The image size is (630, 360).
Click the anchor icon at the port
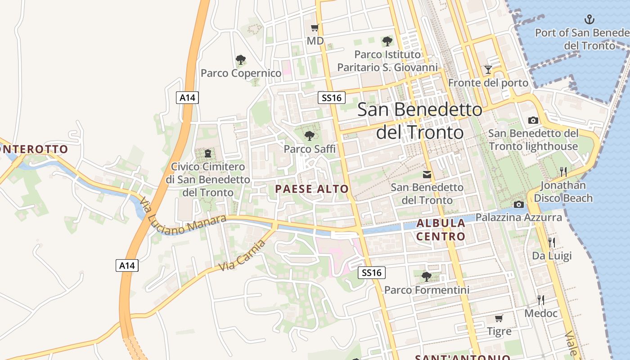click(589, 19)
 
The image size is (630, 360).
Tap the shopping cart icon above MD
click(315, 28)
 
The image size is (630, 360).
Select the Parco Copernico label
click(241, 73)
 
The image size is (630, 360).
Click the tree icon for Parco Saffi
click(309, 135)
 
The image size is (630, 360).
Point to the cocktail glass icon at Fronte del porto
click(488, 70)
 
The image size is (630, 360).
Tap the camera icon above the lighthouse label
click(533, 120)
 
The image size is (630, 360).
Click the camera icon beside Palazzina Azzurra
click(519, 204)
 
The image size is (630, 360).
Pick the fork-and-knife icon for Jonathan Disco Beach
click(563, 171)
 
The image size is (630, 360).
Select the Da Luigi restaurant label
click(552, 256)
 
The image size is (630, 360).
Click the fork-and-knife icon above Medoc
click(541, 300)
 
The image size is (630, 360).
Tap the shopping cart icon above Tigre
click(499, 319)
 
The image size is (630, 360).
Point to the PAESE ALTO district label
click(312, 189)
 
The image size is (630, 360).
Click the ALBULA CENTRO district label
click(441, 229)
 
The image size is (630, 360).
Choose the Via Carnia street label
click(242, 256)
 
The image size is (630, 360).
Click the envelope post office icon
click(427, 174)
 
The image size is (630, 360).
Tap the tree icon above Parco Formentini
click(427, 276)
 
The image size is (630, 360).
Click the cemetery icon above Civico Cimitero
click(207, 153)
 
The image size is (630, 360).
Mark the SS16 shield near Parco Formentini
click(372, 272)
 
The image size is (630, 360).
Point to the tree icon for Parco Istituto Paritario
click(387, 41)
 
